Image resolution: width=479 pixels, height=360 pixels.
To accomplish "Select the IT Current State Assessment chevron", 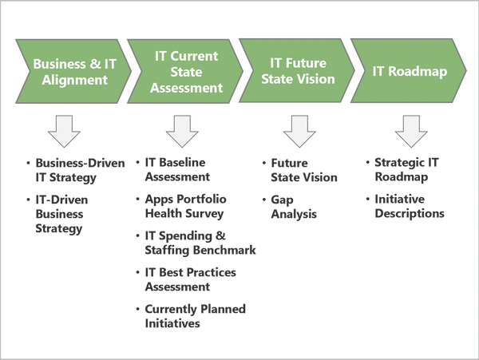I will [x=184, y=71].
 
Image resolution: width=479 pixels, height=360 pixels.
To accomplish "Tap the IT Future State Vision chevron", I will [x=295, y=71].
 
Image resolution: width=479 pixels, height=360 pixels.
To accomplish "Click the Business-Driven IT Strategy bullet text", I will [x=77, y=170].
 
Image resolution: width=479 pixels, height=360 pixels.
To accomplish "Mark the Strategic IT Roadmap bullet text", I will [x=411, y=170].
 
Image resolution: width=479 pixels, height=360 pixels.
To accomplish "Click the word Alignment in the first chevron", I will [x=70, y=80].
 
